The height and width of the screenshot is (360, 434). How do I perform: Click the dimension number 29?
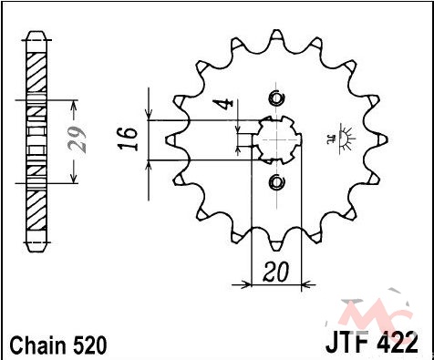click(x=77, y=139)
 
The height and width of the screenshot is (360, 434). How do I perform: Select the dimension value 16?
click(x=127, y=139)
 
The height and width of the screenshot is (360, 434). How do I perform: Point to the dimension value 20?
click(x=275, y=272)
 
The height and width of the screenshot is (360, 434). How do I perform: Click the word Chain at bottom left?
click(x=38, y=345)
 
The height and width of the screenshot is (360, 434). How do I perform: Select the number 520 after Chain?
click(x=89, y=345)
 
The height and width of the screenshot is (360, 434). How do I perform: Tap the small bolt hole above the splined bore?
click(x=276, y=98)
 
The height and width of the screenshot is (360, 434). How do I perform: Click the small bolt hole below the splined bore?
click(x=276, y=181)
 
